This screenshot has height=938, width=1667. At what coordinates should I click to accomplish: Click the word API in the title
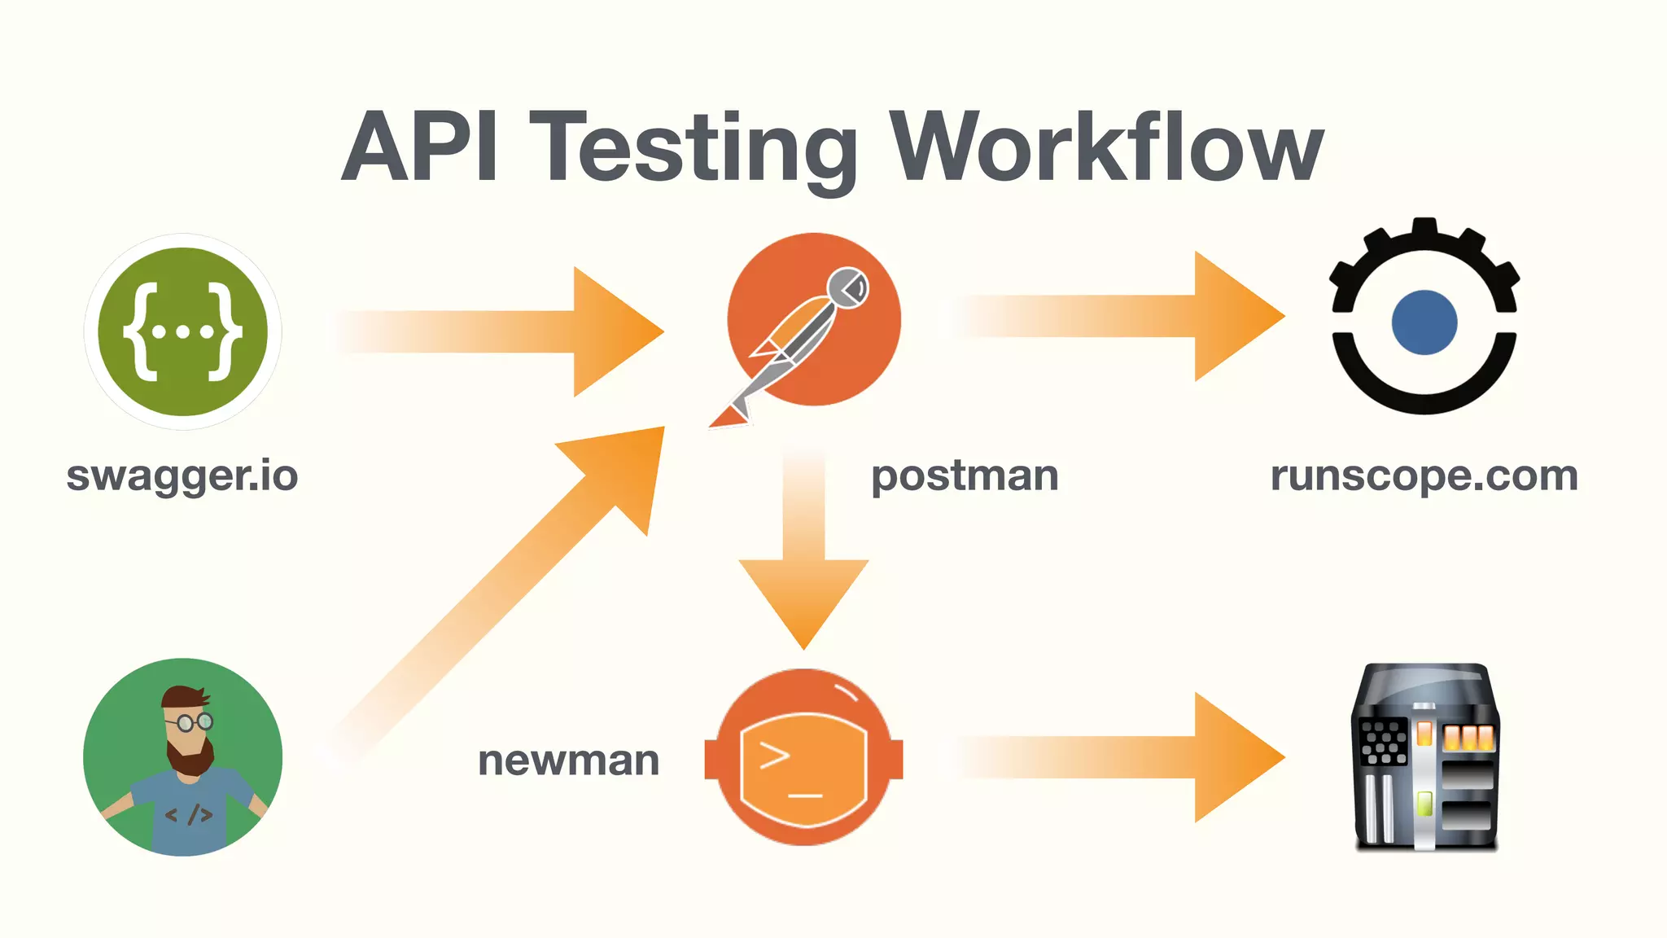tap(419, 148)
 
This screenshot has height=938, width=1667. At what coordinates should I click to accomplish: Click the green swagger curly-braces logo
tap(182, 331)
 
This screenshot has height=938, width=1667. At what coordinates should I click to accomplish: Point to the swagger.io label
tap(182, 476)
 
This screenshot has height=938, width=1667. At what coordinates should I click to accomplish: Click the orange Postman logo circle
tap(814, 319)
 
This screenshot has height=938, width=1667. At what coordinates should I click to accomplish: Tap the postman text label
tap(965, 476)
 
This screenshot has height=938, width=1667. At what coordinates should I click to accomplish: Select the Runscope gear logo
tap(1424, 318)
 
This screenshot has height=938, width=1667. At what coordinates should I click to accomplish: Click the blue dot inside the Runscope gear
tap(1424, 322)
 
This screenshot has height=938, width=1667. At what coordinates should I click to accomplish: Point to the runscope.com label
tap(1424, 476)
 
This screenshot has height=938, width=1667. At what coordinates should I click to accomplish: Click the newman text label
tap(569, 760)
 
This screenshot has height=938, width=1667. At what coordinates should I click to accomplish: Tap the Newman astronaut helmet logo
tap(804, 757)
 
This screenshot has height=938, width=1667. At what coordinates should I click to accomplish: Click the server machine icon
tap(1424, 757)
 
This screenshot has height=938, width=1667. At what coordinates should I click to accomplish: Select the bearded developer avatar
tap(182, 757)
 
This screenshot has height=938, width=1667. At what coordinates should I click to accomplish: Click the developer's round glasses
tap(194, 721)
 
